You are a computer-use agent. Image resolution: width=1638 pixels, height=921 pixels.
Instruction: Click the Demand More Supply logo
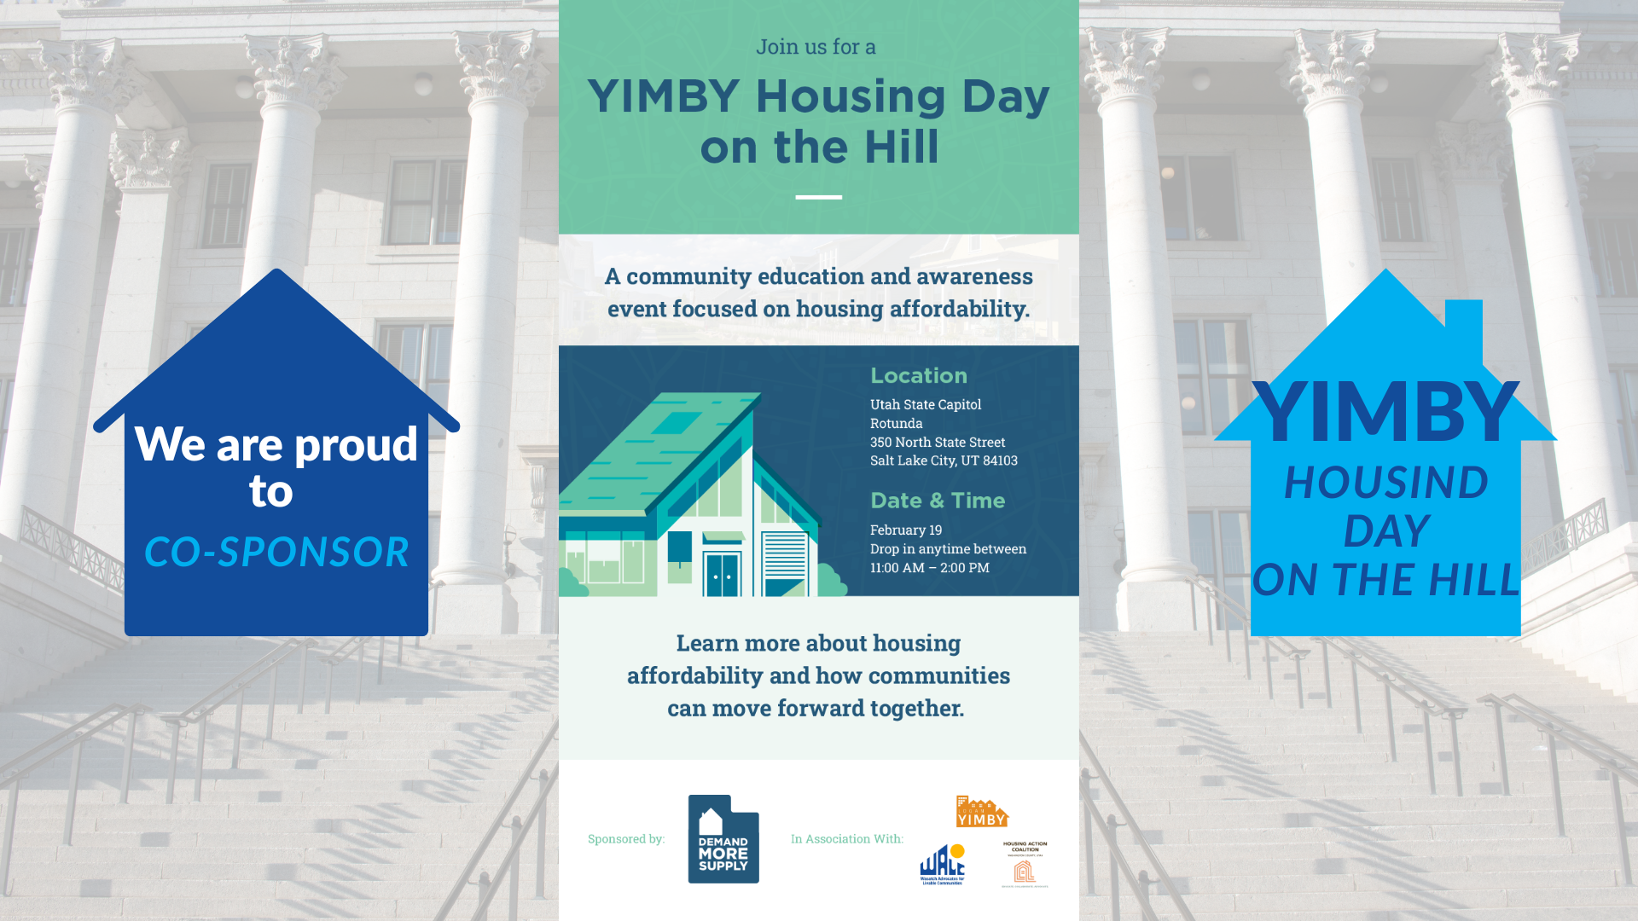[723, 839]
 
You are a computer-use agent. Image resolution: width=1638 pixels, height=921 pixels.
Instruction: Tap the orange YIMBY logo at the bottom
[982, 813]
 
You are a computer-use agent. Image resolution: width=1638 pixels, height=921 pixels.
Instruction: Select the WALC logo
[942, 865]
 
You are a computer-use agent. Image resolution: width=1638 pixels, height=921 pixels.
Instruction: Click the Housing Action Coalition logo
[1025, 865]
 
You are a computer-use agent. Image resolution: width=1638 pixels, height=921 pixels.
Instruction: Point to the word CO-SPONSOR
[276, 552]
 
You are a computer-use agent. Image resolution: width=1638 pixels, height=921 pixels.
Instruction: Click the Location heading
[918, 376]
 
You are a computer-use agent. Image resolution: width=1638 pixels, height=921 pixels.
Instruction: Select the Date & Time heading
[937, 501]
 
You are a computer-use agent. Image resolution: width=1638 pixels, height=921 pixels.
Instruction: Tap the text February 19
[905, 530]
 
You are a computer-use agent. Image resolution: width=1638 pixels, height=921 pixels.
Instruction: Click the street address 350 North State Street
[937, 442]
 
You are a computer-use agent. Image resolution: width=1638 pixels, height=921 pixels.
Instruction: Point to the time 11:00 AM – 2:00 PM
[929, 568]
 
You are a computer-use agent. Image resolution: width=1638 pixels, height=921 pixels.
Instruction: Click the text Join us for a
[816, 47]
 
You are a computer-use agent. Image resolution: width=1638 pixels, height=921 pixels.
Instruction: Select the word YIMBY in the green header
[663, 96]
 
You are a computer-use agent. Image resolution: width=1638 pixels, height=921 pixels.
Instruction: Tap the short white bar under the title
[818, 197]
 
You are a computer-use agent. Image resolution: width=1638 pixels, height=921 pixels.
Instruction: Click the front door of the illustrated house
[722, 574]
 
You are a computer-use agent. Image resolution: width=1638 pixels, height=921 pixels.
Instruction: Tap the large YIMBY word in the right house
[1385, 413]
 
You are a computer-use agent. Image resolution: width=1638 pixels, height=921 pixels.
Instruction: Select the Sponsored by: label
[625, 839]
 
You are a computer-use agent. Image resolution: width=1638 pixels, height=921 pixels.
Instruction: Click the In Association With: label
[846, 839]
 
